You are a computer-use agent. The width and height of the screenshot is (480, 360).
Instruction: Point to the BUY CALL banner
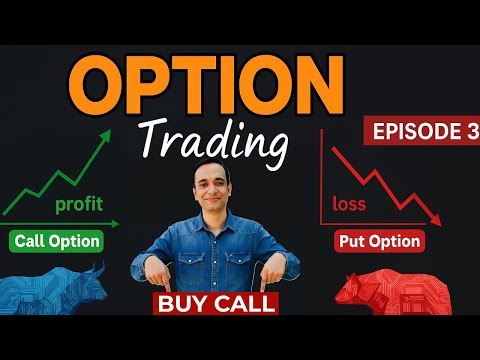point(216,303)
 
